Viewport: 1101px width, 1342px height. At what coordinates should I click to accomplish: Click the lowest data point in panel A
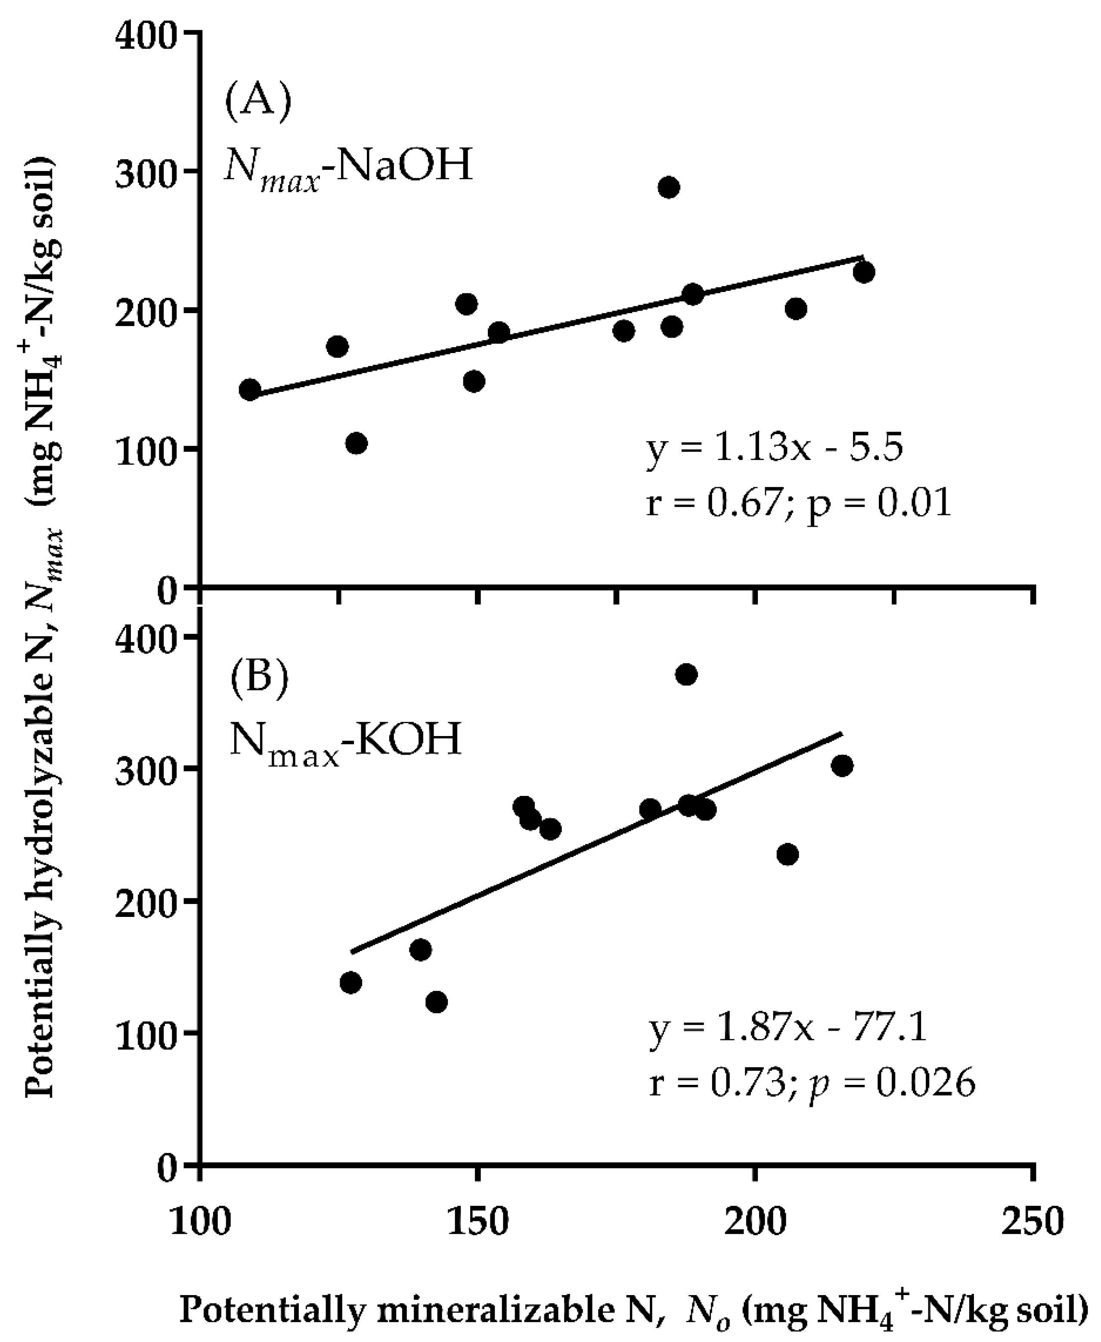tap(357, 443)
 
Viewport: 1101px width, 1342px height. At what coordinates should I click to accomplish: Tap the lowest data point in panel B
tap(436, 1002)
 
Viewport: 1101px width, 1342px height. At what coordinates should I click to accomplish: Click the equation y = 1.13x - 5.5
tap(774, 449)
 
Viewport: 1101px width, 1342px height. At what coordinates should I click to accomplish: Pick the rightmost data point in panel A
tap(863, 272)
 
